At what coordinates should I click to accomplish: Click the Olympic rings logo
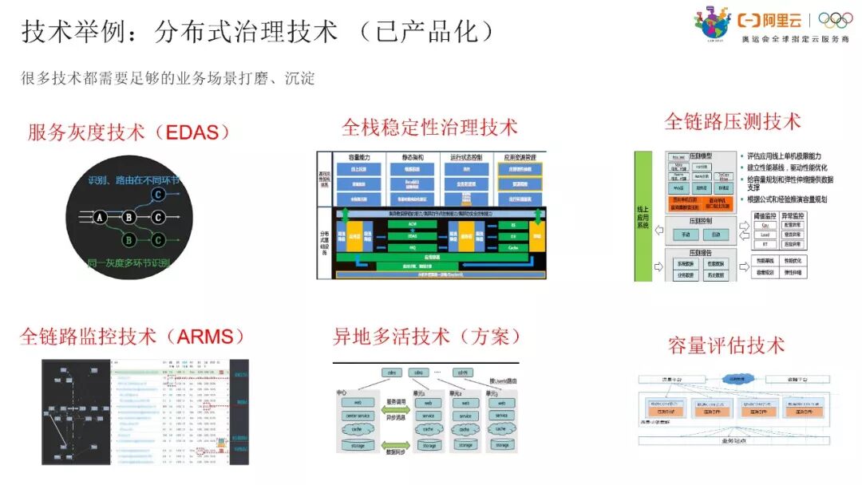(836, 21)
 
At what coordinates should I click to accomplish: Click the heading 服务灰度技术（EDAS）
(129, 132)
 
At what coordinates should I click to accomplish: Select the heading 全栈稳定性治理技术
(429, 127)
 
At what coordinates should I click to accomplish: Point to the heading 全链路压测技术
(732, 121)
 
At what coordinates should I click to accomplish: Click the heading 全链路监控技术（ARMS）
(132, 336)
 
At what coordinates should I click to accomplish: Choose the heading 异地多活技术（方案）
(428, 336)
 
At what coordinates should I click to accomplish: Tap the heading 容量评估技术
(726, 345)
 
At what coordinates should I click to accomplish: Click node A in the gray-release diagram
(100, 217)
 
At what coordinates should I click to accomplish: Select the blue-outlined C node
(159, 194)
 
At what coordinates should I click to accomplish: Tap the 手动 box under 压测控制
(686, 235)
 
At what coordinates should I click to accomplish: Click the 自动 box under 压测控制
(715, 235)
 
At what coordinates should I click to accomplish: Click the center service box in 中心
(358, 416)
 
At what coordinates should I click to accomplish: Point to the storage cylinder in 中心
(358, 445)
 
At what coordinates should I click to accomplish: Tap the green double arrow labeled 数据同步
(396, 444)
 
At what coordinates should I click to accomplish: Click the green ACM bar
(412, 225)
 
